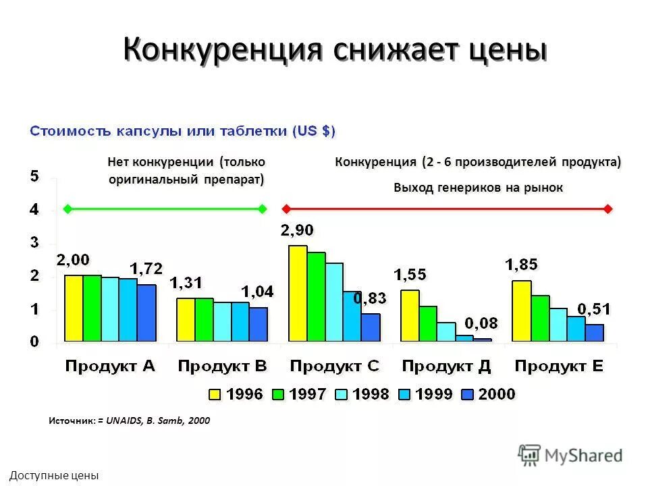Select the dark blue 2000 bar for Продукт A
click(x=146, y=313)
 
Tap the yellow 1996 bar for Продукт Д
click(x=410, y=315)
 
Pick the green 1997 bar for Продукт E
click(x=540, y=318)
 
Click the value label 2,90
click(x=298, y=231)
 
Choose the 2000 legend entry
click(x=487, y=394)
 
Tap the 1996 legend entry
click(x=236, y=394)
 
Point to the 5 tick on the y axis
click(x=34, y=177)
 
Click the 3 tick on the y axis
click(x=34, y=243)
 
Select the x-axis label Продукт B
click(x=222, y=367)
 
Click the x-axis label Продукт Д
click(x=446, y=367)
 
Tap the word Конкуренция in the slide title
click(x=220, y=51)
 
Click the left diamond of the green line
click(x=67, y=209)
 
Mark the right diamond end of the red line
click(x=609, y=209)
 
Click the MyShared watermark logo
click(x=570, y=456)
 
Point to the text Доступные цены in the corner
click(x=54, y=476)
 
